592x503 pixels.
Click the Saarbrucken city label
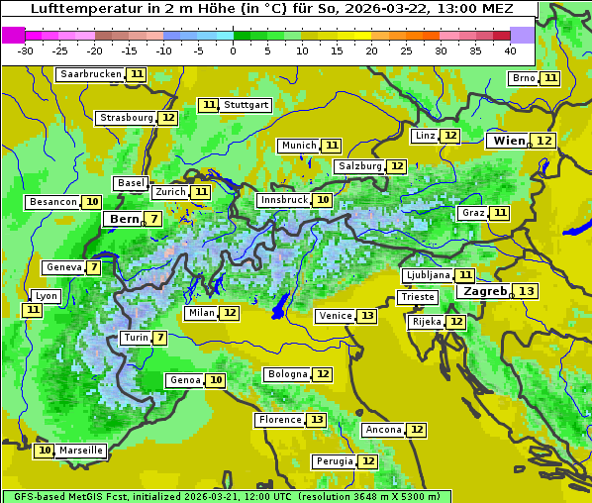tap(90, 74)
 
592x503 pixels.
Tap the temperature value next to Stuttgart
tap(208, 105)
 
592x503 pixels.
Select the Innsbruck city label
tap(283, 200)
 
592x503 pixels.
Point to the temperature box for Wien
tap(544, 141)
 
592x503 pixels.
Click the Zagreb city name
tap(485, 291)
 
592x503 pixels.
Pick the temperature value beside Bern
tap(153, 219)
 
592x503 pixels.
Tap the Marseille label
tap(81, 451)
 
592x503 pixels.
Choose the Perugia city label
tap(333, 461)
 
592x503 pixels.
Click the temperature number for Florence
tap(317, 420)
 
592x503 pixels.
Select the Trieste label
tap(417, 297)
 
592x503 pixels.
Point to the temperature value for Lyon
tap(33, 310)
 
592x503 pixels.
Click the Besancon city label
tap(53, 202)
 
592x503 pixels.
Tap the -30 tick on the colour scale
tap(26, 50)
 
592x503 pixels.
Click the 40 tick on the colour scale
tap(510, 50)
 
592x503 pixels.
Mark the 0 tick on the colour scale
tap(234, 50)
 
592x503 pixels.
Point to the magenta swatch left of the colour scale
tap(13, 34)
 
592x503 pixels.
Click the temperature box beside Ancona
tap(417, 430)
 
